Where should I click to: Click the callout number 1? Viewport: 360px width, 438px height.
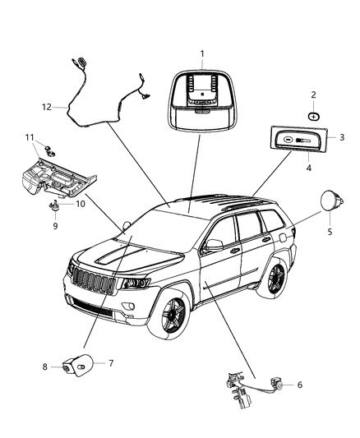(x=201, y=54)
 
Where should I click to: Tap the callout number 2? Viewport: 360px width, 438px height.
(x=313, y=95)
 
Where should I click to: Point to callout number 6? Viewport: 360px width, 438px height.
(x=299, y=385)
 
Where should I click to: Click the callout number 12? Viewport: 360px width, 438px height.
(x=47, y=105)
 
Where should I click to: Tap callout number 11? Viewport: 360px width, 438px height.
(x=29, y=136)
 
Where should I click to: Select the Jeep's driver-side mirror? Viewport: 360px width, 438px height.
(x=215, y=244)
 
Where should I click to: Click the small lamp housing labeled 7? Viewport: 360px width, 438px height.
(x=83, y=364)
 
